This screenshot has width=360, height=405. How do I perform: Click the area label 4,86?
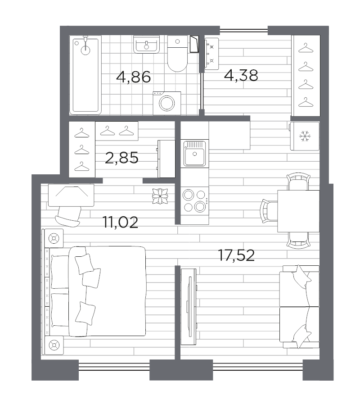(x=133, y=77)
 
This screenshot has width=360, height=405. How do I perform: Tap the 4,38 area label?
(x=241, y=75)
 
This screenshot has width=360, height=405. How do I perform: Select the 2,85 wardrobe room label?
(x=121, y=158)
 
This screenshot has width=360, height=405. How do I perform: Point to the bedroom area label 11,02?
(x=120, y=222)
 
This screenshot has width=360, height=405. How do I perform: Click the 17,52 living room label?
(x=236, y=255)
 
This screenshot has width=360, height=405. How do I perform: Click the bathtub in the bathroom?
(x=85, y=75)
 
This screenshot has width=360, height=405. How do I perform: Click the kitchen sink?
(x=194, y=154)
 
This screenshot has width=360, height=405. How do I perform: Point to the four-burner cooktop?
(x=194, y=200)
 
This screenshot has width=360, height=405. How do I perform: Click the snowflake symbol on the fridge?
(x=305, y=136)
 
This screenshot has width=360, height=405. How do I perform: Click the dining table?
(x=298, y=211)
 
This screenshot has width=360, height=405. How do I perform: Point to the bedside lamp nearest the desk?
(x=54, y=238)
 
